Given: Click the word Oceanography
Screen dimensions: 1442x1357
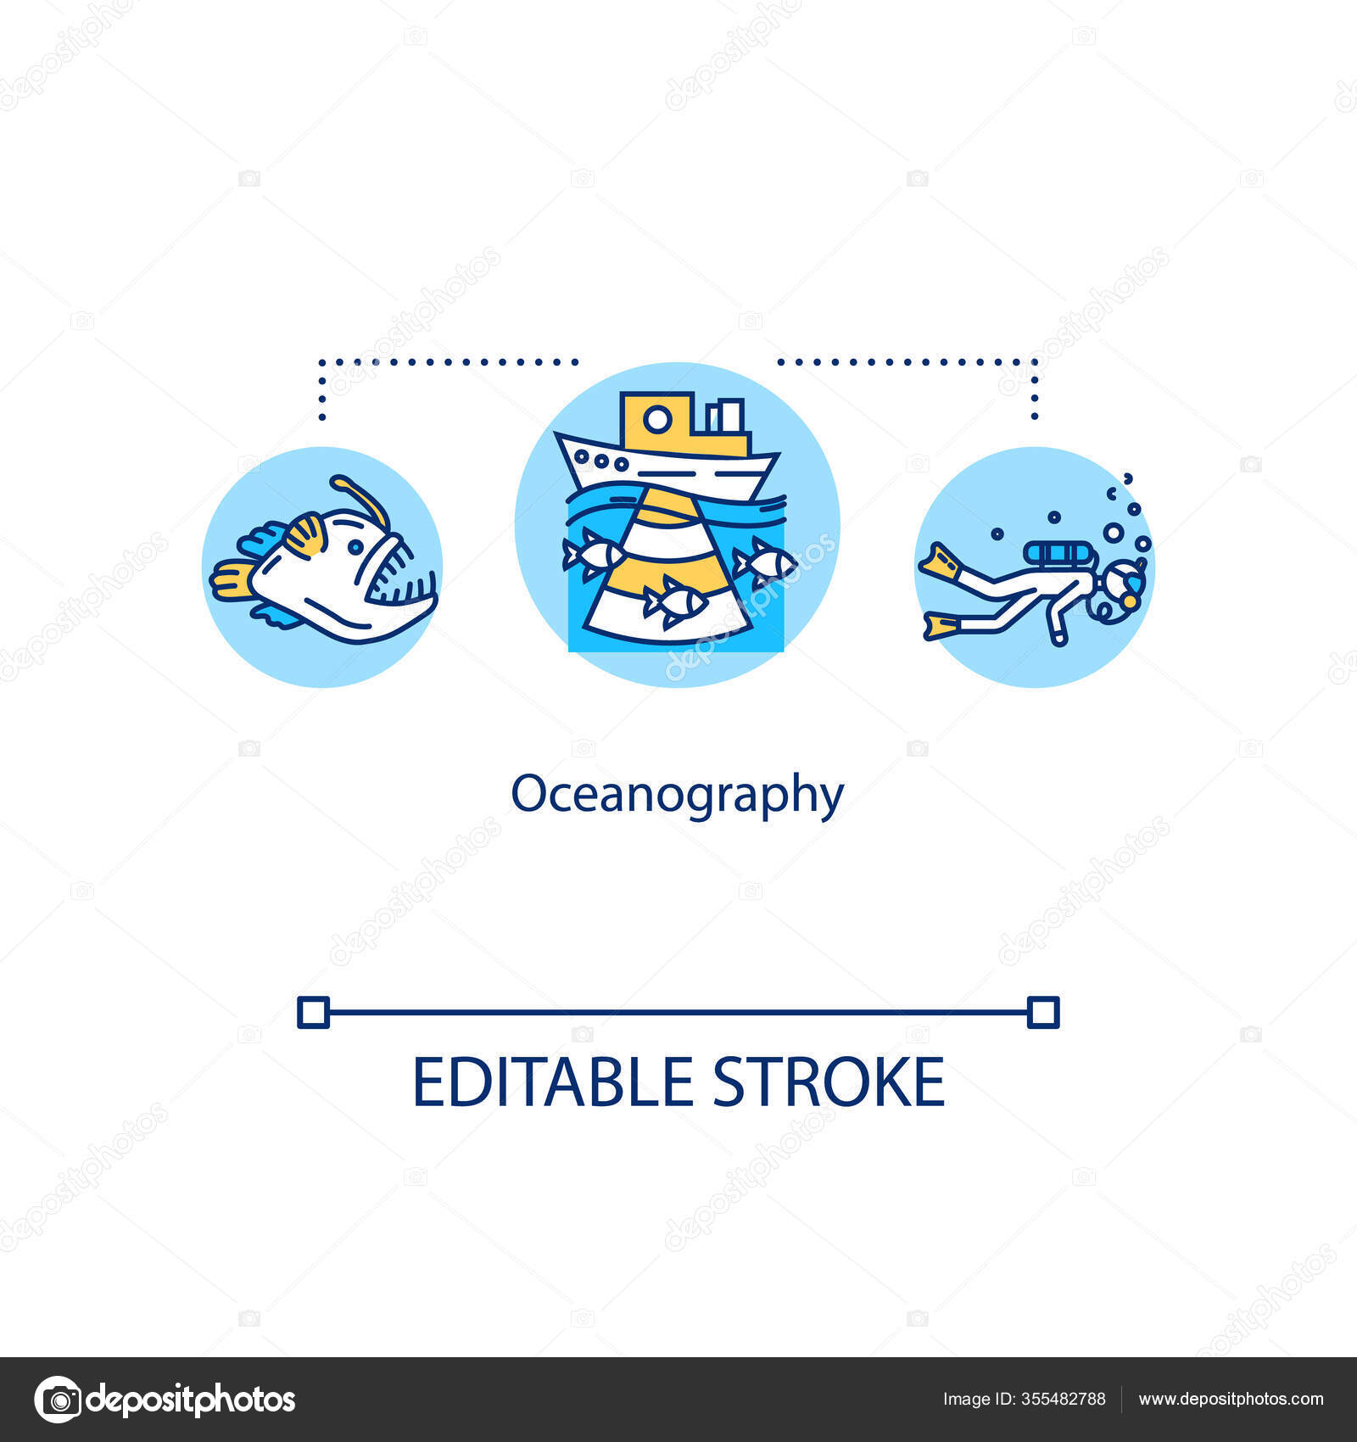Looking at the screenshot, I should tap(677, 796).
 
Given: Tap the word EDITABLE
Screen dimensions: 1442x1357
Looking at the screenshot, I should tap(552, 1082).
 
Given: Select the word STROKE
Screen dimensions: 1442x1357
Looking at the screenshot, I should tap(828, 1082).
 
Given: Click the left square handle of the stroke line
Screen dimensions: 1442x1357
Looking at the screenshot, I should tap(313, 1013).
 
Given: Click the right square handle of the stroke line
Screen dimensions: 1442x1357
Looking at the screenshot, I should tap(1043, 1013).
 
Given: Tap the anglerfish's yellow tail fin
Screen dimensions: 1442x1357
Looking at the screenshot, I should tap(231, 580).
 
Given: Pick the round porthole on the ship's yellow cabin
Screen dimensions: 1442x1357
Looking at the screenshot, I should tap(656, 419).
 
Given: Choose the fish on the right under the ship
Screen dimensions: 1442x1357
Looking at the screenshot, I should tap(765, 561).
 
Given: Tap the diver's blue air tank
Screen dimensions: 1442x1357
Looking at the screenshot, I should tap(1059, 554).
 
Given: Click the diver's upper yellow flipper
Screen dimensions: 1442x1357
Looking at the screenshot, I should tap(940, 561).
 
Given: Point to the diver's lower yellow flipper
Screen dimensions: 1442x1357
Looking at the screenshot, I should tap(942, 626).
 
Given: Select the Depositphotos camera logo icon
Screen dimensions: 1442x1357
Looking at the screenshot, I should tap(58, 1399).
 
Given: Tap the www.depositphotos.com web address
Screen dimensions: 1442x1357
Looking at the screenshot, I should tap(1231, 1400).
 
